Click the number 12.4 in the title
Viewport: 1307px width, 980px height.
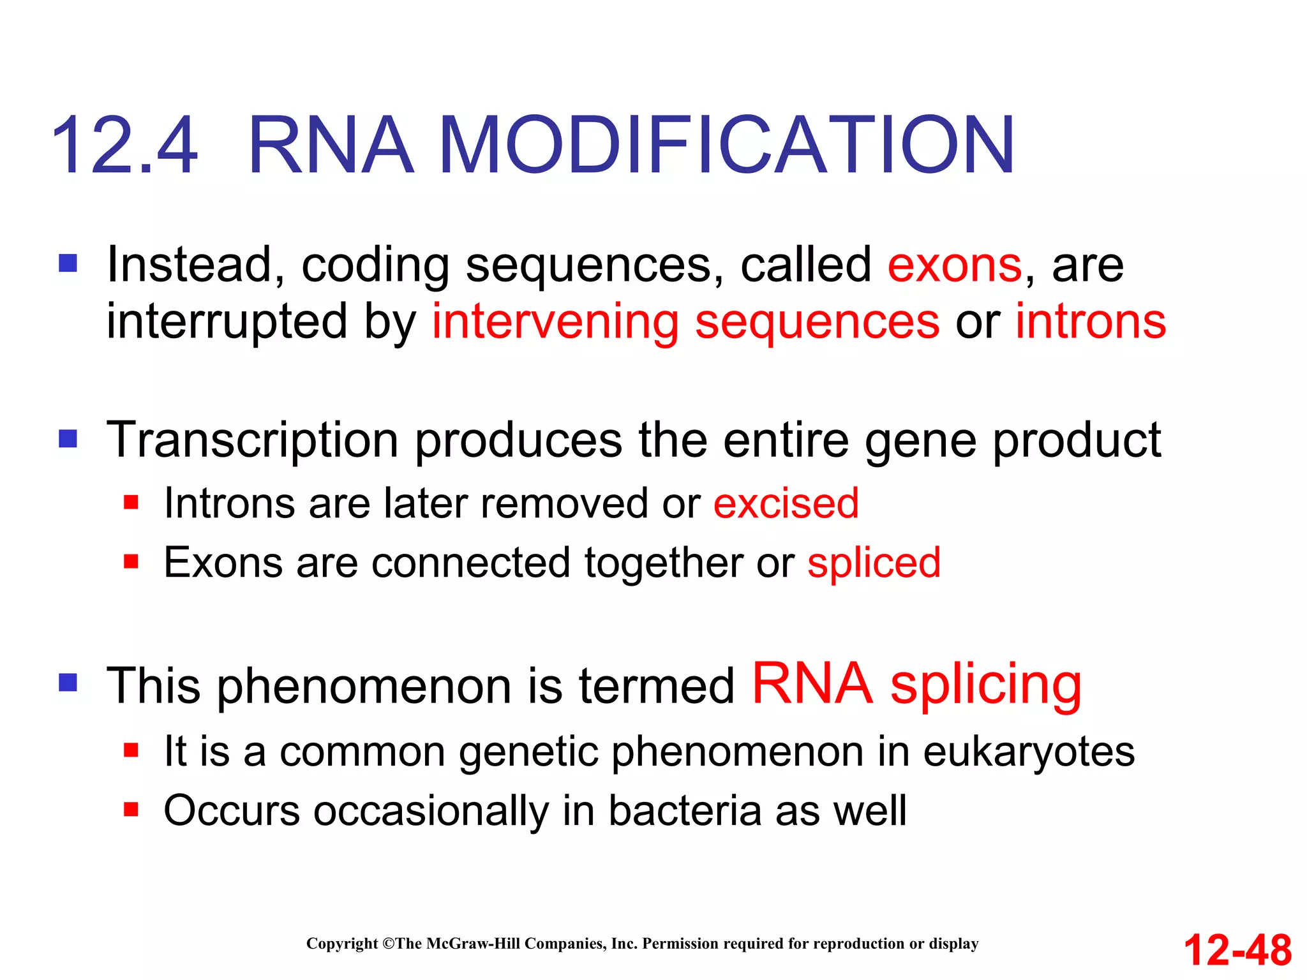pyautogui.click(x=124, y=145)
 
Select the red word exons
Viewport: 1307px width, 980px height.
pyautogui.click(x=955, y=265)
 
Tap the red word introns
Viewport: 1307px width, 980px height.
pyautogui.click(x=1091, y=322)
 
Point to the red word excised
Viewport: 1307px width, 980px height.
pyautogui.click(x=786, y=503)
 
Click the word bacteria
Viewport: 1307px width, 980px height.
pyautogui.click(x=685, y=812)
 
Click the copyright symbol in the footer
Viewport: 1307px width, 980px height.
pyautogui.click(x=389, y=944)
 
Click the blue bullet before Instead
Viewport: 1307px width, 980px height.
pyautogui.click(x=68, y=264)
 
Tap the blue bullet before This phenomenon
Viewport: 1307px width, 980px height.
pyautogui.click(x=68, y=683)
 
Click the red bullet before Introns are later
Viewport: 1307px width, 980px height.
pyautogui.click(x=131, y=502)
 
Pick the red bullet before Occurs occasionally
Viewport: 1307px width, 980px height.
pyautogui.click(x=131, y=810)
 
